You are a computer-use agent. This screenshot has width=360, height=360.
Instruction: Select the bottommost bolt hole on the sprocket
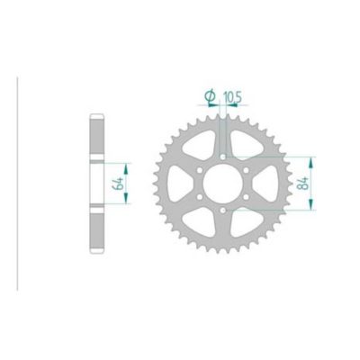pyautogui.click(x=220, y=211)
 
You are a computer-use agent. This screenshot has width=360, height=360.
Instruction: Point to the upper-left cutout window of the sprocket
pyautogui.click(x=199, y=145)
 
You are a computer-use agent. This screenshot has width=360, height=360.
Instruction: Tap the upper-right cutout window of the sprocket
pyautogui.click(x=242, y=145)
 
